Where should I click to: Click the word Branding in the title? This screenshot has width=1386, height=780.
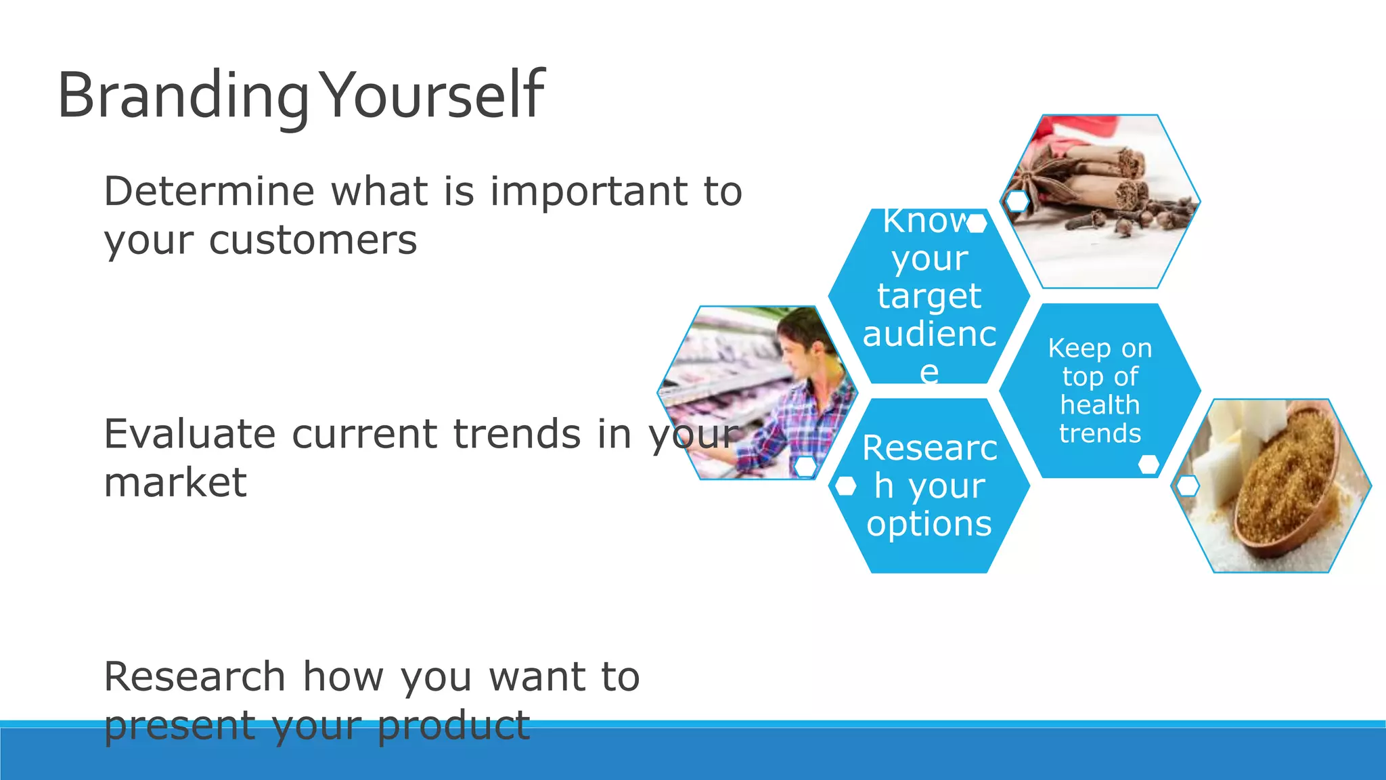click(x=183, y=96)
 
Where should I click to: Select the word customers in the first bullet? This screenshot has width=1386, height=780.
click(x=313, y=241)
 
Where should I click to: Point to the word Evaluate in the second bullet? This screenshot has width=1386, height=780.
click(x=189, y=433)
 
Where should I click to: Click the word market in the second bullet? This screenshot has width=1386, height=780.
click(x=175, y=483)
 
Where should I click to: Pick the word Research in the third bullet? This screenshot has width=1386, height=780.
click(x=195, y=676)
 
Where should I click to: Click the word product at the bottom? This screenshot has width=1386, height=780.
click(x=453, y=725)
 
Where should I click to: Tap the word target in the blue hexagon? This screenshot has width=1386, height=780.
click(x=929, y=297)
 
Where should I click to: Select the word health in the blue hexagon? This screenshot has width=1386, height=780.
click(x=1100, y=405)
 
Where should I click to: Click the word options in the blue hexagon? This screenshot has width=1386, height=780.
click(x=929, y=524)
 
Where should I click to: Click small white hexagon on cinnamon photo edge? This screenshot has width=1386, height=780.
click(x=1017, y=201)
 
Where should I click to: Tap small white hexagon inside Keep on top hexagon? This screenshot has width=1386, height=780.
click(x=1148, y=464)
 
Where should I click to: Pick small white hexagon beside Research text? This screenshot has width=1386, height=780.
click(x=845, y=485)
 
